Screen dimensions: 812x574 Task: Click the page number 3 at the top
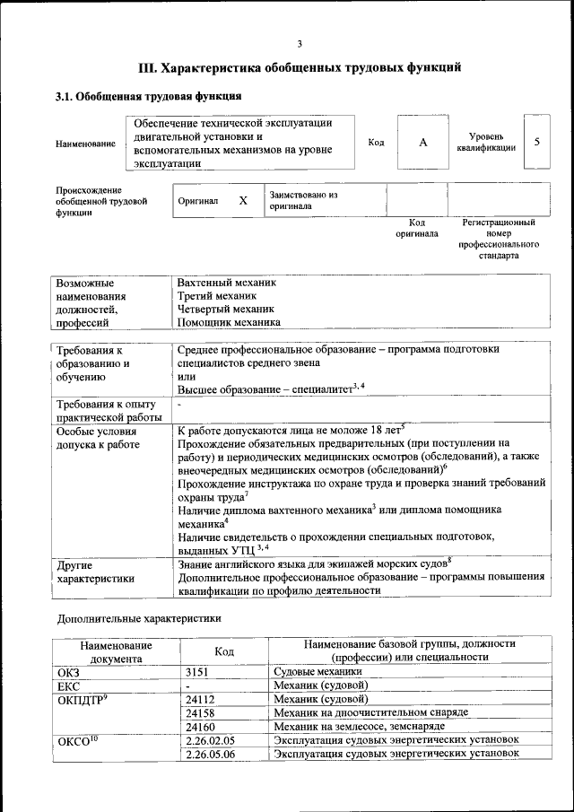tap(300, 44)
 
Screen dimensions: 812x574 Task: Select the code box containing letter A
tap(422, 143)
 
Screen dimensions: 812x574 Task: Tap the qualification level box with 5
tap(536, 142)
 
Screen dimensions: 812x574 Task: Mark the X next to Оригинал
tap(243, 200)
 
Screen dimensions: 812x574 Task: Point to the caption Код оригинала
tap(417, 228)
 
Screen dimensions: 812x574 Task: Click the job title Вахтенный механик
tap(227, 282)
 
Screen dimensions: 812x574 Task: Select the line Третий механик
tap(217, 295)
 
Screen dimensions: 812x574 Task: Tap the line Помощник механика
tap(229, 322)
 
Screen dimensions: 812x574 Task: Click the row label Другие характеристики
tap(94, 572)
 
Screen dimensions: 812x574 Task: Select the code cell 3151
tap(198, 671)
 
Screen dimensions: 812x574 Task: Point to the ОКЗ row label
tap(69, 671)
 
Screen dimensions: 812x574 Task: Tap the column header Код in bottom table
tap(224, 650)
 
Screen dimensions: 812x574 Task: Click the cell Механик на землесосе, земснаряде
tap(358, 726)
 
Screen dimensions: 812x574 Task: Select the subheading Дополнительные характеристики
tap(139, 619)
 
